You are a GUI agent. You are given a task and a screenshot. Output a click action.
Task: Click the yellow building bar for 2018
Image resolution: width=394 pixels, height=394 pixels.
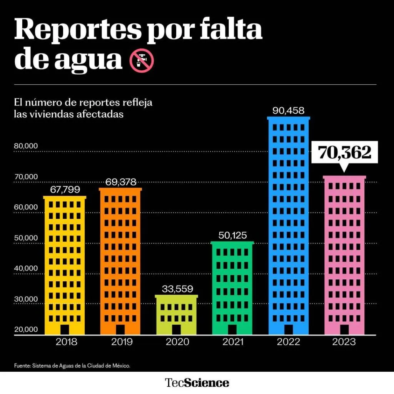click(x=65, y=265)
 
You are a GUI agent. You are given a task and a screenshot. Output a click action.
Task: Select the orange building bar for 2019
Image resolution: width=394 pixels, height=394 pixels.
click(x=120, y=262)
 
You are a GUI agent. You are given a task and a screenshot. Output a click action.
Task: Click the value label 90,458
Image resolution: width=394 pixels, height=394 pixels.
click(x=289, y=111)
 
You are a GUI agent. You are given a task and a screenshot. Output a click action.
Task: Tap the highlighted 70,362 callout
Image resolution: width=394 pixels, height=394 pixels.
click(x=344, y=153)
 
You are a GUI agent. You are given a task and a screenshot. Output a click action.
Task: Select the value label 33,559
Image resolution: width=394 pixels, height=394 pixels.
click(x=177, y=289)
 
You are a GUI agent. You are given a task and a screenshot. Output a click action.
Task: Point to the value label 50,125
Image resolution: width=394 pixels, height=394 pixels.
click(x=232, y=235)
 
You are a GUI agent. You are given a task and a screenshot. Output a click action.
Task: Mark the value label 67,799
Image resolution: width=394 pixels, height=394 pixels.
click(x=65, y=190)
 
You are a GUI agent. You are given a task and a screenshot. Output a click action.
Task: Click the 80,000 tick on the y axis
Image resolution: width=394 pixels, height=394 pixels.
click(x=26, y=146)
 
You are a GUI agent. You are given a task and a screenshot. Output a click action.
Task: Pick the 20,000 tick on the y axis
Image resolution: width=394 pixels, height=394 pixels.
click(x=26, y=329)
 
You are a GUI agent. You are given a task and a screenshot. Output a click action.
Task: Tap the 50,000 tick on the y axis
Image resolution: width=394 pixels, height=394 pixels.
click(x=26, y=238)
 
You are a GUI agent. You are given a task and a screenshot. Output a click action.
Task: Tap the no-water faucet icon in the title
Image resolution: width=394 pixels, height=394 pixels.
click(x=142, y=61)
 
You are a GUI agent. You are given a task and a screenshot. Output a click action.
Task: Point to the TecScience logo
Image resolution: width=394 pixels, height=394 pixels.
click(x=197, y=383)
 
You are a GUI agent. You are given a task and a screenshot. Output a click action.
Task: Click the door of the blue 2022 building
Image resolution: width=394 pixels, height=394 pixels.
click(x=289, y=329)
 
